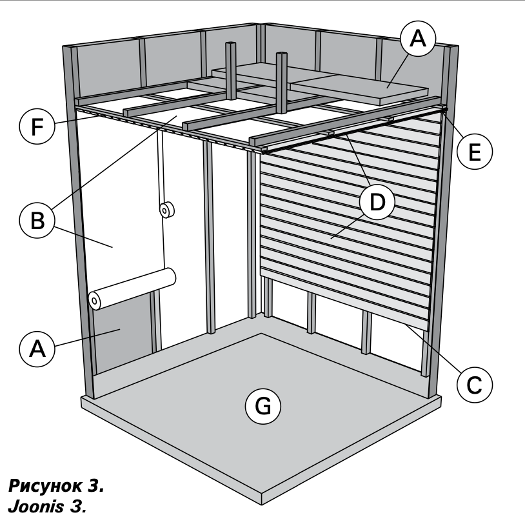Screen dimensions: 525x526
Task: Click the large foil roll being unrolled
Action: (x=135, y=288)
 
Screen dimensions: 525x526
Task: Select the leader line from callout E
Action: (x=453, y=126)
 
